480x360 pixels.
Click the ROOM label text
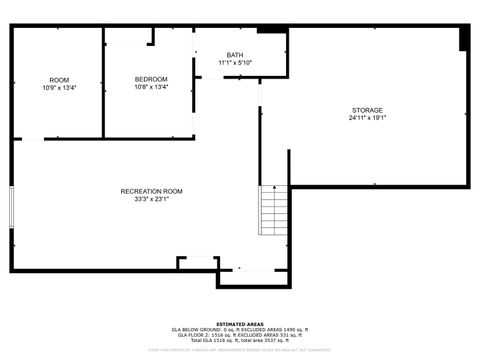point(59,80)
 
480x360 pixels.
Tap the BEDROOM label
point(151,79)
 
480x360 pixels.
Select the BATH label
point(235,55)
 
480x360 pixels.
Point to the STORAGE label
point(367,110)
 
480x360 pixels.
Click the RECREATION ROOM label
point(151,191)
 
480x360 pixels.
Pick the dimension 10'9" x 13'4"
point(59,88)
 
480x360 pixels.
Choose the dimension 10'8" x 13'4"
point(151,87)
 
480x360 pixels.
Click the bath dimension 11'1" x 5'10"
point(235,63)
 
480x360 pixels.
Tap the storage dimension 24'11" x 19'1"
point(367,118)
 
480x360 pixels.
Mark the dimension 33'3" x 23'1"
point(151,199)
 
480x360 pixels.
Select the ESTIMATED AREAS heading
point(240,324)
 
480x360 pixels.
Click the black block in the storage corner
point(464,38)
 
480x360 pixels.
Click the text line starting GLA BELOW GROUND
point(240,330)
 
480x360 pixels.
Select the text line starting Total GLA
point(240,341)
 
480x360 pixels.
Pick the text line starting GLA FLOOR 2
point(240,335)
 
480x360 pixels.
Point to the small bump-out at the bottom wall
point(197,262)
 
